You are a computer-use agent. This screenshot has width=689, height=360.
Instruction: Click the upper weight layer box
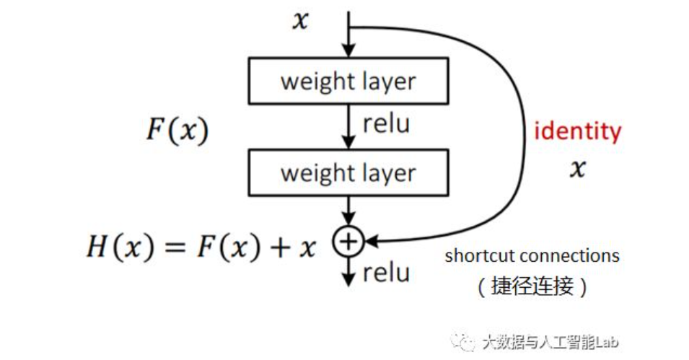coord(348,81)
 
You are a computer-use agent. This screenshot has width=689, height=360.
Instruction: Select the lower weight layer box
coord(348,173)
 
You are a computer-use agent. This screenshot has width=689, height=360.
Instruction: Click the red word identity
coord(577,131)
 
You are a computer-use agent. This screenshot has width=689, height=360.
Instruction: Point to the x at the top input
coord(299,21)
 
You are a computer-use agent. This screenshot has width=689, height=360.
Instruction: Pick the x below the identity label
coord(577,169)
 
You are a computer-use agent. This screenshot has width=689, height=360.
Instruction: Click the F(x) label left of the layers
coord(177,131)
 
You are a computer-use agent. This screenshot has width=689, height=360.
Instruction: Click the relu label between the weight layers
coord(386,124)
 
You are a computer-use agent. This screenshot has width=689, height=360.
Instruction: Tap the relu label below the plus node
coord(386,273)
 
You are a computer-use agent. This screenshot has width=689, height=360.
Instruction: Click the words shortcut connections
coord(532,255)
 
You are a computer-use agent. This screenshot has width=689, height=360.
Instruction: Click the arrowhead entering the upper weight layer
coord(348,52)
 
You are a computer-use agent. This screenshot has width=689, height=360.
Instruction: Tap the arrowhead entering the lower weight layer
coord(348,144)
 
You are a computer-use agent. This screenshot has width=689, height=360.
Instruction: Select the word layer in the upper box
coord(390,82)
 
